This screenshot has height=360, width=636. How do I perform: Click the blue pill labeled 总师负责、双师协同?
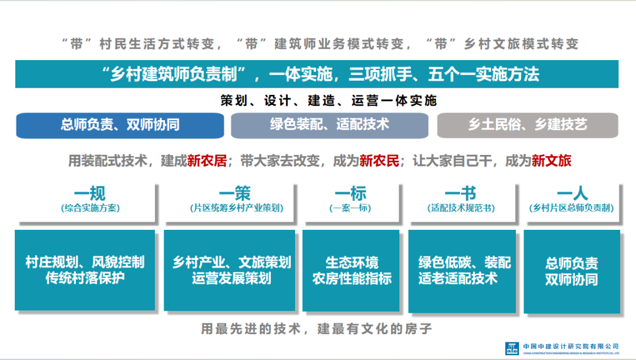pos(120,125)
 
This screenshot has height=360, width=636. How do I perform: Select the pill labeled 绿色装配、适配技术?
pos(329,125)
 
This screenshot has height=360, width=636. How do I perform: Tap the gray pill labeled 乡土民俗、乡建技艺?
pos(527,125)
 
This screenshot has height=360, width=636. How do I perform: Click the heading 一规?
pos(90,193)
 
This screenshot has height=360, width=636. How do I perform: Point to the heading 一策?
pos(235,193)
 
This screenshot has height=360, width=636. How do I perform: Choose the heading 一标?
pos(350,193)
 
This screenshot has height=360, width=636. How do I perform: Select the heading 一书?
pos(461,193)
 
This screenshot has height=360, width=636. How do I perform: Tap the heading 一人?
pos(572,193)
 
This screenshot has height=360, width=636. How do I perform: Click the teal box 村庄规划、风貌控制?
pos(85,270)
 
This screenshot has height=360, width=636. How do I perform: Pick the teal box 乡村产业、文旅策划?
pos(230,270)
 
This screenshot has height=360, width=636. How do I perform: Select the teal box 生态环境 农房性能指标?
pos(351,270)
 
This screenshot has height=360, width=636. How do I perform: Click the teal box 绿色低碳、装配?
pos(462,271)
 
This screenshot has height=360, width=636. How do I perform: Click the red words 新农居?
pos(207,161)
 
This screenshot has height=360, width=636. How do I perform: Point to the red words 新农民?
pos(379,161)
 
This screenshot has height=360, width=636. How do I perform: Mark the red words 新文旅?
pos(551,161)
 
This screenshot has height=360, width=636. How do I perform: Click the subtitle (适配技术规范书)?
pos(461,208)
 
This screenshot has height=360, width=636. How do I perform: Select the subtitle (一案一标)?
pos(350,208)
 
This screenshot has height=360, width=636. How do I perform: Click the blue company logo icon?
pos(512,348)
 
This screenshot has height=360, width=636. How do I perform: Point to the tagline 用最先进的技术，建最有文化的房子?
pos(317,329)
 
